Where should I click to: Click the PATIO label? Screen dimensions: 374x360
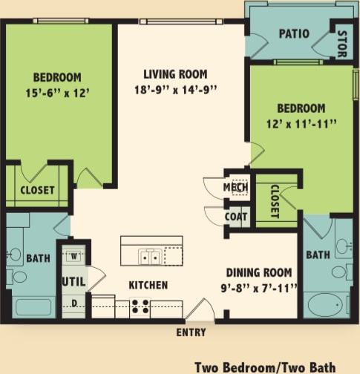(294, 33)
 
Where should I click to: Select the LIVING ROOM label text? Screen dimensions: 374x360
(175, 74)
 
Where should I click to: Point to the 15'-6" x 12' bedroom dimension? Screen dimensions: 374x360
(57, 93)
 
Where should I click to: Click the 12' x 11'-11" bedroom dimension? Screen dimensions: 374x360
(301, 124)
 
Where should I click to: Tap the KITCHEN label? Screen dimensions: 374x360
(148, 285)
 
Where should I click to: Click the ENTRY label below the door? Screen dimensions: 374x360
(191, 332)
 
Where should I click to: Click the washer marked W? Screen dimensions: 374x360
(74, 256)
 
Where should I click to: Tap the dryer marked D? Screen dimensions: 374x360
(74, 304)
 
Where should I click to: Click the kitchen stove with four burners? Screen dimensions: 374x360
(140, 306)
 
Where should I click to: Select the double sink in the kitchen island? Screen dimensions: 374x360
(150, 256)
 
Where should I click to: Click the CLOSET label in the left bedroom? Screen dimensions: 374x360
(37, 190)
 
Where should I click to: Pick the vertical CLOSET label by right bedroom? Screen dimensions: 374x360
(273, 201)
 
